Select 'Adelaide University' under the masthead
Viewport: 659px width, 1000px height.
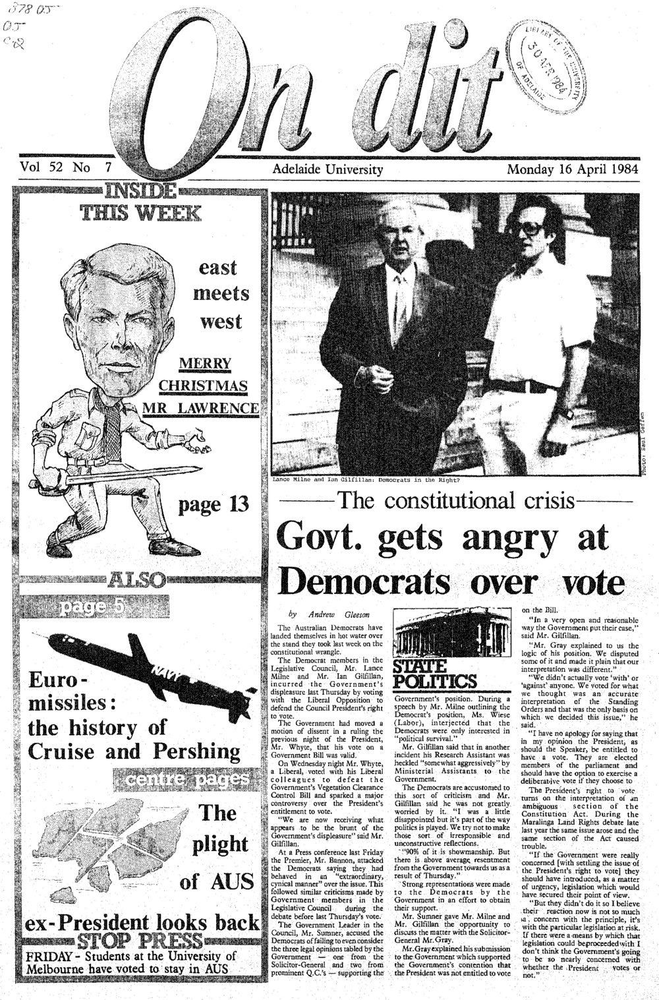click(x=328, y=169)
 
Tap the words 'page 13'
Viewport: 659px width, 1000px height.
click(x=214, y=505)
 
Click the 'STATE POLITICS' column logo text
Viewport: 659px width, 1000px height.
click(x=434, y=672)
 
